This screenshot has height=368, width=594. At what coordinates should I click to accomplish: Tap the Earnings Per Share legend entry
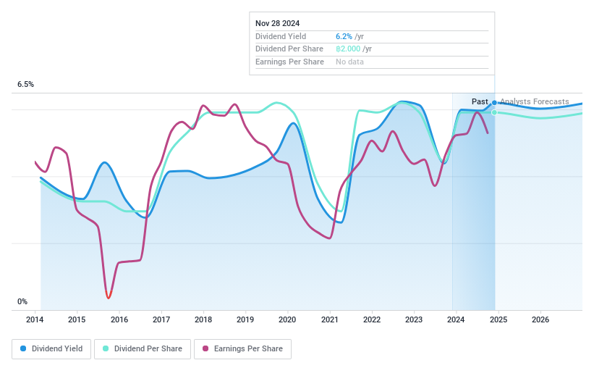click(x=242, y=348)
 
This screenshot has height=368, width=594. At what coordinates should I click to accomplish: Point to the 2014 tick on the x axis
click(x=35, y=319)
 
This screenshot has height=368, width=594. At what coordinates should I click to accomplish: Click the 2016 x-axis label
click(x=119, y=319)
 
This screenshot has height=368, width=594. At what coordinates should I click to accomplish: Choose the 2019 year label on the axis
click(x=245, y=319)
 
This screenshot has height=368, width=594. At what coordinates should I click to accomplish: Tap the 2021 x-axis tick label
click(x=329, y=319)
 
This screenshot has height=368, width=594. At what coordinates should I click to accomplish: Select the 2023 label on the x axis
click(x=414, y=319)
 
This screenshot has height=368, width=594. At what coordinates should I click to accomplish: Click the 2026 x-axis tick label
click(x=540, y=319)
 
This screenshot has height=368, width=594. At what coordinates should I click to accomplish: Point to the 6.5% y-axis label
click(x=26, y=85)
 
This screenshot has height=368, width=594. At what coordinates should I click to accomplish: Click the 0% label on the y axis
click(x=22, y=301)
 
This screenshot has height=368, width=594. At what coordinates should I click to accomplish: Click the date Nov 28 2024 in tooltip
click(x=277, y=23)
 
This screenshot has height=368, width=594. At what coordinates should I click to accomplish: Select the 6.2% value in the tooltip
click(x=344, y=36)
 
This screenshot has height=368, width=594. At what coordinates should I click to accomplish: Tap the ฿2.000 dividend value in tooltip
click(x=349, y=49)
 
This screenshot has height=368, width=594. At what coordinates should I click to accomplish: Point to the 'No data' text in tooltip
click(x=349, y=62)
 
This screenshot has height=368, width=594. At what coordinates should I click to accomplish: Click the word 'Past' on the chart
click(x=480, y=101)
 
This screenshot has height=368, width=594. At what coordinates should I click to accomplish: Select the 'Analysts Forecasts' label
click(x=534, y=101)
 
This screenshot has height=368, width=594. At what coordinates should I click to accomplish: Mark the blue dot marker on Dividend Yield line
click(x=495, y=103)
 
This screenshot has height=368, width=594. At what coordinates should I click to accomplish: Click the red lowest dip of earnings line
click(x=108, y=296)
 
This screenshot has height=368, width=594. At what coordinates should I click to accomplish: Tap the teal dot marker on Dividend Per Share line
click(x=495, y=112)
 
